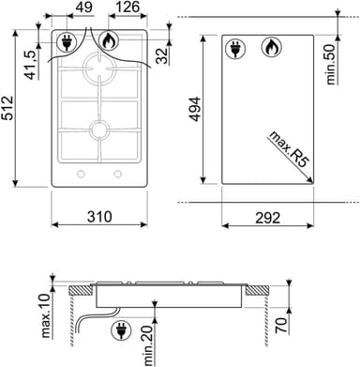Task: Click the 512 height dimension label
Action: (x=7, y=108)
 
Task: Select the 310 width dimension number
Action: (x=99, y=217)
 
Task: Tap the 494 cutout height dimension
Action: (x=196, y=109)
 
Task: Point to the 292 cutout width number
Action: (x=268, y=218)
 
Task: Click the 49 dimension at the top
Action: (x=84, y=8)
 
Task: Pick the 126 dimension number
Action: (x=127, y=8)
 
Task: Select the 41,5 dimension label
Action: (x=32, y=65)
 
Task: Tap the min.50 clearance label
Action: (x=331, y=64)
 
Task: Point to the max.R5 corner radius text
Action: (x=289, y=148)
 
